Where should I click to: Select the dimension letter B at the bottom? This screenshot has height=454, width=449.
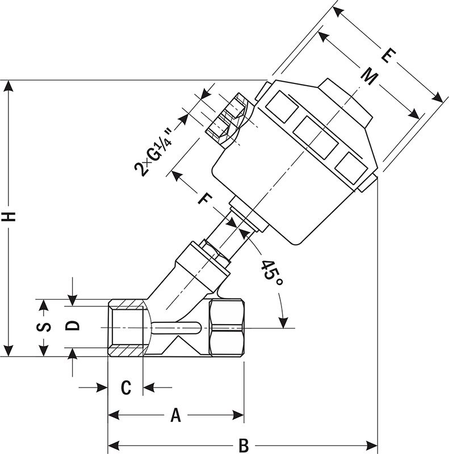click(x=244, y=445)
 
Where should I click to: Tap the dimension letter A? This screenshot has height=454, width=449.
click(x=176, y=416)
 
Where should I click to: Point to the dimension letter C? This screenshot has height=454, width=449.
click(x=126, y=388)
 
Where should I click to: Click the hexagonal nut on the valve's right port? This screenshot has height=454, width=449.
click(x=226, y=328)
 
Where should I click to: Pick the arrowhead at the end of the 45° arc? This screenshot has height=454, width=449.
click(x=283, y=322)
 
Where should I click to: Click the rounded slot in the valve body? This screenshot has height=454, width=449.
click(x=176, y=327)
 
